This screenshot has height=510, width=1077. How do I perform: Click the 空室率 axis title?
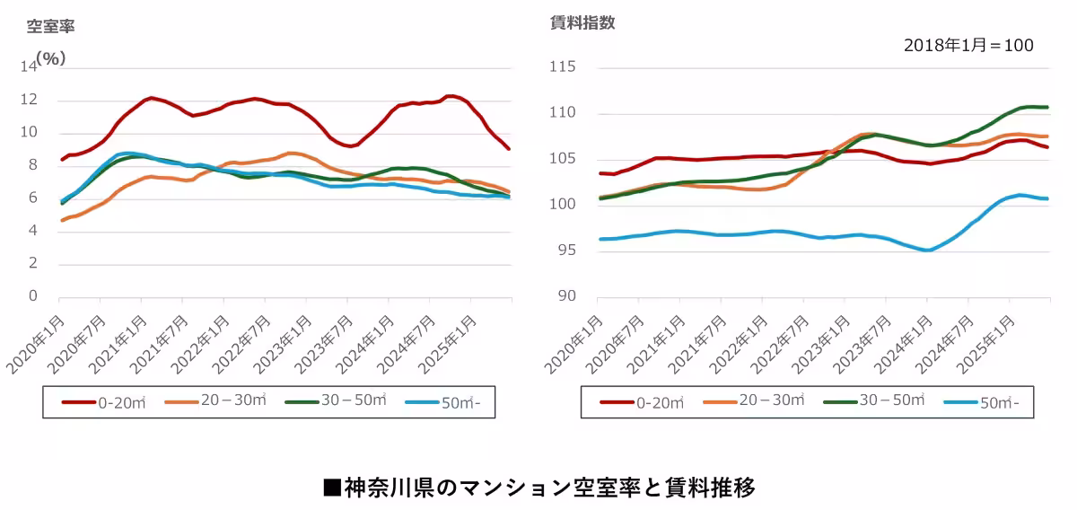[50, 27]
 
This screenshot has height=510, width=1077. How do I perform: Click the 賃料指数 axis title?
[582, 23]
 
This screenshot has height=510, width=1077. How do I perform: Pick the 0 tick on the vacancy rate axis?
[35, 296]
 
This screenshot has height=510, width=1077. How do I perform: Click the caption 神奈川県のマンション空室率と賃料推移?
[538, 488]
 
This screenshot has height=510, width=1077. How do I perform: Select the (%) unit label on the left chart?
[50, 57]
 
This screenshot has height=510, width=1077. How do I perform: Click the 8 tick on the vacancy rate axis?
[35, 165]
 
